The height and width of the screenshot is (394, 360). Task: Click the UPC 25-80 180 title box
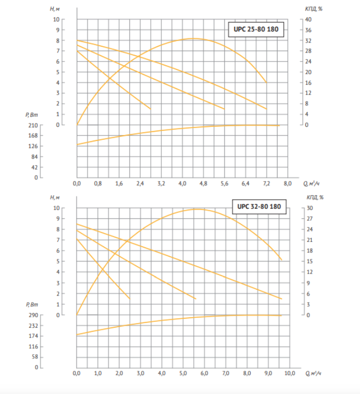256,30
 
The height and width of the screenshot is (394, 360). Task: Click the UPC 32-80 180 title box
260,207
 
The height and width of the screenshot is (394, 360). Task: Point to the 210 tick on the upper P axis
32,125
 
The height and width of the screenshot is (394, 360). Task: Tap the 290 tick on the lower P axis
32,315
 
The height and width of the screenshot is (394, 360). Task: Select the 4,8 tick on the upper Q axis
203,184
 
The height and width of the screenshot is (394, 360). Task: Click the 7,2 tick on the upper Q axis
266,184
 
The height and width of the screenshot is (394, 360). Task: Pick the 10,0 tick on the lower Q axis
290,373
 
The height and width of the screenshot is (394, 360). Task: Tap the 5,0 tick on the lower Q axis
183,373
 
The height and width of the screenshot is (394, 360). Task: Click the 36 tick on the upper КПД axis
310,30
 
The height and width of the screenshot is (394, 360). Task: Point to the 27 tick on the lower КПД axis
310,219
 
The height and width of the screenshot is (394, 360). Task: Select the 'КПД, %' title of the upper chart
314,9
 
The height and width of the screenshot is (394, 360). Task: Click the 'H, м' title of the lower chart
54,197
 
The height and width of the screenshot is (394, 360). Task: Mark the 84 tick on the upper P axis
34,157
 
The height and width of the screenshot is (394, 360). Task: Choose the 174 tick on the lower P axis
32,336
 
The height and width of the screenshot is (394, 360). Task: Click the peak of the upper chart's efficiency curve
194,38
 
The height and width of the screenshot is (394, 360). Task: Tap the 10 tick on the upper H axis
57,19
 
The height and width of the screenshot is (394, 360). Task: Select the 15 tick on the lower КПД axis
310,261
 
